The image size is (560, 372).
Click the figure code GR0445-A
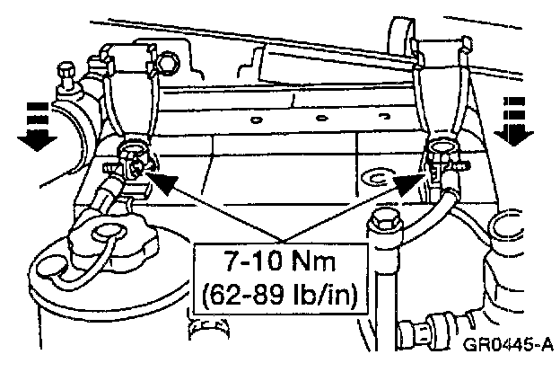click(507, 345)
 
